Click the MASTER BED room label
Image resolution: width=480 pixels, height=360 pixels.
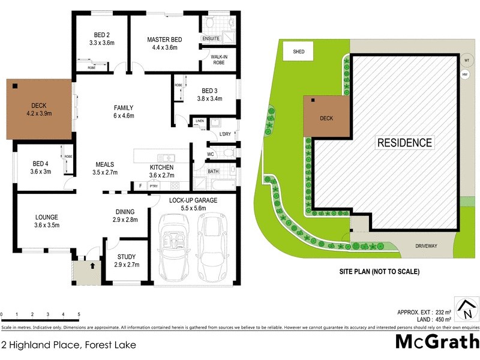coord(165,40)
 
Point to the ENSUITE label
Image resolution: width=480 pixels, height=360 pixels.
coord(211,38)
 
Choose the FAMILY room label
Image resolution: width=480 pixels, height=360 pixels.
coord(124,108)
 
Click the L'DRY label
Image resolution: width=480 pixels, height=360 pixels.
coord(226,133)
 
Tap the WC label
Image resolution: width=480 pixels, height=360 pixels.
coord(211,154)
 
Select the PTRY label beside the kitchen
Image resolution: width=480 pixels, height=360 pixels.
coord(153,187)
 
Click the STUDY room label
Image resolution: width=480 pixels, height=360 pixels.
coord(127,256)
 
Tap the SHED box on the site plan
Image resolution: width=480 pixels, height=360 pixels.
coord(298,52)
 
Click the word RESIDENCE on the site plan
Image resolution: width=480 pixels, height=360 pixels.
coord(404,142)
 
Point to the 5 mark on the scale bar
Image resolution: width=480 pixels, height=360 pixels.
coord(79,314)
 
